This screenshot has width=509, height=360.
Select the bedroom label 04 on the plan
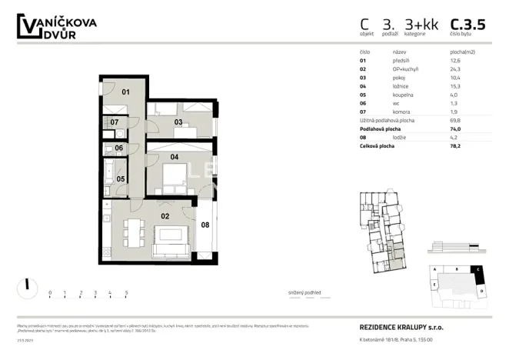pos(175,157)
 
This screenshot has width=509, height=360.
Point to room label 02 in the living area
pos(165,217)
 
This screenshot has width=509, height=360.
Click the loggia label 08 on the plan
pos(205,225)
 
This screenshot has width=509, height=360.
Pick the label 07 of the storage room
pos(113,122)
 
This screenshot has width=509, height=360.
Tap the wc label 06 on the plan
pos(119,148)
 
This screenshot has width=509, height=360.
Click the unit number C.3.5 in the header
pos(467,25)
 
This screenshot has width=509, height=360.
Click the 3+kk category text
pos(424,25)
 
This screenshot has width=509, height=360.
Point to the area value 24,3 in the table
pos(455,68)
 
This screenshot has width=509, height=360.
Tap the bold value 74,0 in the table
pos(455,129)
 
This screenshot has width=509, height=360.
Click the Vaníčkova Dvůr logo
pos(57,28)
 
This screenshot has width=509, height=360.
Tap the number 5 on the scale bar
pos(126,293)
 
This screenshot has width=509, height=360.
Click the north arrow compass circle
pos(27,287)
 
